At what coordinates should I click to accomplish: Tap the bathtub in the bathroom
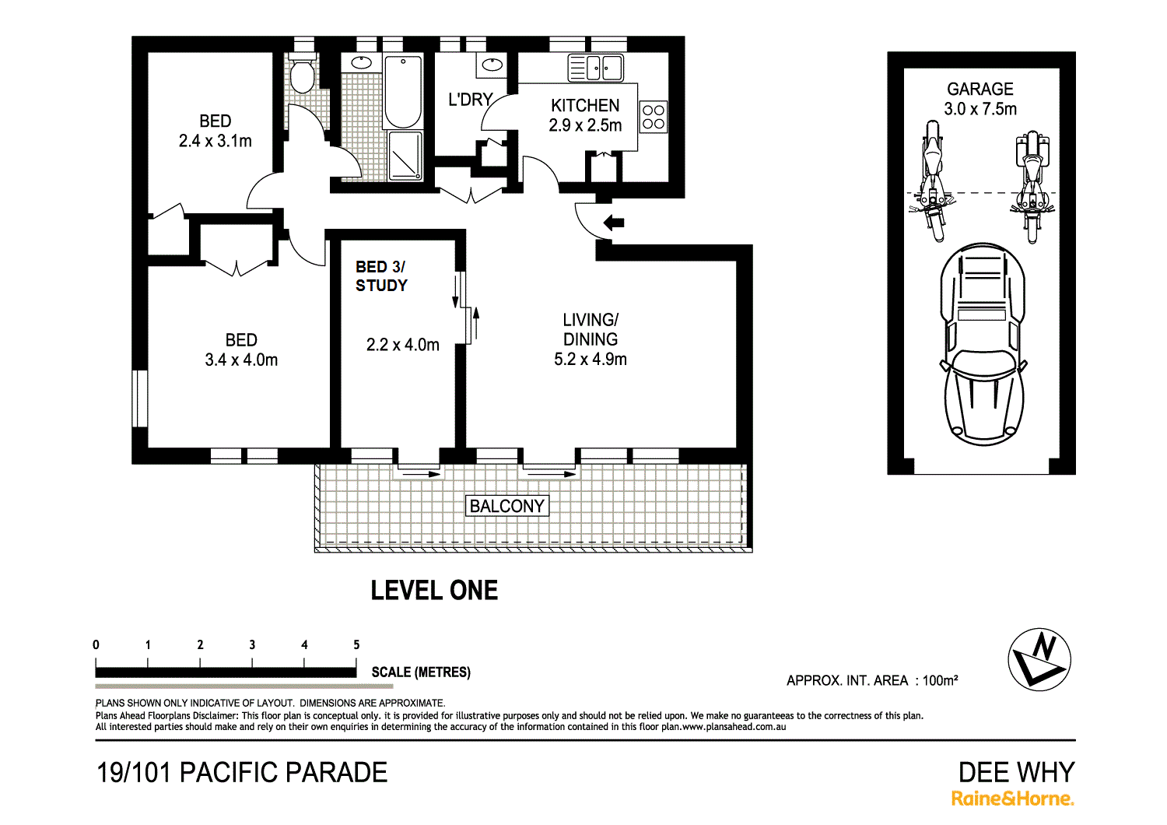click(x=402, y=92)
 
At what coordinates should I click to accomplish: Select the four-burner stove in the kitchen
click(x=653, y=116)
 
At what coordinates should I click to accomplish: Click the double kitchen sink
click(x=595, y=68)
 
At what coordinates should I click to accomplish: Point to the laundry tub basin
click(x=492, y=65)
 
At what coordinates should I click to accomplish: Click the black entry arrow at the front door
click(x=614, y=223)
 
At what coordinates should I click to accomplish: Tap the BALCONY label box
click(x=507, y=506)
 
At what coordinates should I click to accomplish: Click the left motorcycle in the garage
click(x=932, y=181)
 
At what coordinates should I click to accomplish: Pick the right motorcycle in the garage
click(x=1032, y=187)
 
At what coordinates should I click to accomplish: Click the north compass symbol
click(x=1039, y=659)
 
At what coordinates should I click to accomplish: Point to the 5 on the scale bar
click(x=356, y=644)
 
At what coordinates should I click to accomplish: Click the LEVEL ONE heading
click(x=434, y=591)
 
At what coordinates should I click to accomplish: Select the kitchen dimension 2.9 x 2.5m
click(x=585, y=125)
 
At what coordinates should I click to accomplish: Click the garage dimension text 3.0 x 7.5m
click(x=980, y=109)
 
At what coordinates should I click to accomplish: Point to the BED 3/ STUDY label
click(x=381, y=276)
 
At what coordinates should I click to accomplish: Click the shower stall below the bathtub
click(x=405, y=156)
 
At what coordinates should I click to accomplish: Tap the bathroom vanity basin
click(x=361, y=63)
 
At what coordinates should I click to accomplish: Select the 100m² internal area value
click(x=940, y=680)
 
